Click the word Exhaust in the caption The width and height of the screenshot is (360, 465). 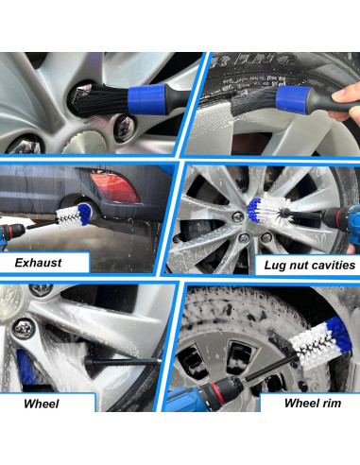pyautogui.click(x=37, y=262)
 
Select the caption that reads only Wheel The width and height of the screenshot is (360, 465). pyautogui.click(x=42, y=404)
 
